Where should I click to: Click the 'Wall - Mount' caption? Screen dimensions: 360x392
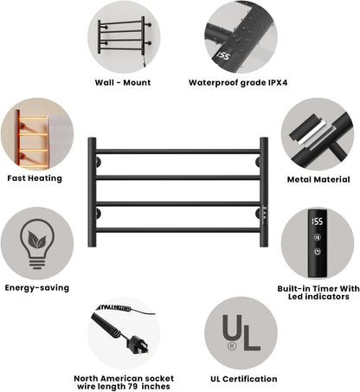point(123,83)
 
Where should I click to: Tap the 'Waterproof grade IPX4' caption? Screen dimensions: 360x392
point(238,83)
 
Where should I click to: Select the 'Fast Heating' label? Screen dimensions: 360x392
point(35,178)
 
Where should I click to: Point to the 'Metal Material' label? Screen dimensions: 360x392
point(318,179)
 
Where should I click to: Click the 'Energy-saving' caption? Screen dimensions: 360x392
point(37,288)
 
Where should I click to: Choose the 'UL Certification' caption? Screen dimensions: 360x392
point(244,379)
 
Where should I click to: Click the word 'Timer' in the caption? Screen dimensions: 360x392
point(325,289)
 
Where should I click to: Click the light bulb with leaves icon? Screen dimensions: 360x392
point(37,244)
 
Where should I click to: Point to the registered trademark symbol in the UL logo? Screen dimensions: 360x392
point(232,346)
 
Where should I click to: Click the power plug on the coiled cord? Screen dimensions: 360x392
point(138,344)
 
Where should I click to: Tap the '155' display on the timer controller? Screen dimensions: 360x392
point(318,222)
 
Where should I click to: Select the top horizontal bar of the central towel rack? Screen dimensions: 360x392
point(178,151)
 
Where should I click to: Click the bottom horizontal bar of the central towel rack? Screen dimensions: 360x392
point(178,230)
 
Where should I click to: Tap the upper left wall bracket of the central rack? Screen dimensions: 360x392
point(99,162)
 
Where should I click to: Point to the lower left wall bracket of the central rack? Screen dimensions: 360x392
point(99,214)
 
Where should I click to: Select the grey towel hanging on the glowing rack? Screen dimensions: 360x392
point(60,142)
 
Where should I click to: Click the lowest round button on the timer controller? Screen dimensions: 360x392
point(318,252)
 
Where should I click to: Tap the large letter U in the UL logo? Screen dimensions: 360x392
point(232,327)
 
